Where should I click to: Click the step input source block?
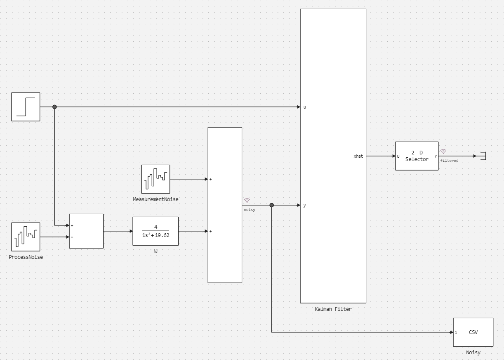[x=26, y=107]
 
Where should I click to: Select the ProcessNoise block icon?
[x=26, y=237]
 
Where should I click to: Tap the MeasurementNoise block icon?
[x=155, y=179]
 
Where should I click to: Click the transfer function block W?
[x=155, y=231]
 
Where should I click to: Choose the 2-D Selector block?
[x=417, y=156]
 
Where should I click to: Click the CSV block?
[x=473, y=332]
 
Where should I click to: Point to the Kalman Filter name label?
[x=333, y=309]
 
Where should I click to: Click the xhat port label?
[x=358, y=156]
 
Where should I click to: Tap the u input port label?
[x=305, y=107]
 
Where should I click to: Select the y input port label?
[x=305, y=206]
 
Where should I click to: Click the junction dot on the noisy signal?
[x=271, y=205]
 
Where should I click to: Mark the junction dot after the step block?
[x=54, y=107]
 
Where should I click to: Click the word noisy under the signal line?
[x=249, y=210]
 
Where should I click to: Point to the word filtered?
[x=449, y=161]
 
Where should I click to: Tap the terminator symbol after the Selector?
[x=483, y=156]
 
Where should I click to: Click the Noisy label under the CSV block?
[x=473, y=353]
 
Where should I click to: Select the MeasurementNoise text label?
[x=155, y=199]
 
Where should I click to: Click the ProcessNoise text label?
[x=26, y=257]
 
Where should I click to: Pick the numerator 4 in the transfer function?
[x=155, y=227]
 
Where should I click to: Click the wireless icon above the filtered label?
[x=443, y=152]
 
